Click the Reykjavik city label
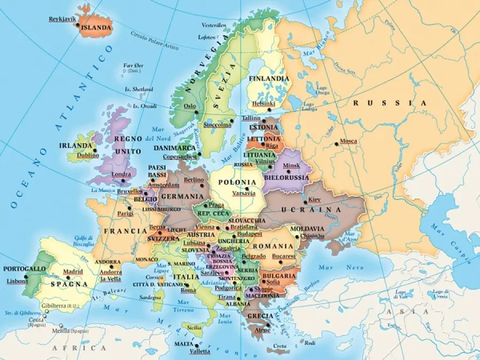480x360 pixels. [x=62, y=19]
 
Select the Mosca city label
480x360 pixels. [x=348, y=141]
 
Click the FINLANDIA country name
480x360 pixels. [x=268, y=78]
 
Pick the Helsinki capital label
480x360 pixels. [x=263, y=103]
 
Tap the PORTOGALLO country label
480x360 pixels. [x=25, y=269]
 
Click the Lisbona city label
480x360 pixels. [x=17, y=281]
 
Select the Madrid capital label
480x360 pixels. [x=73, y=271]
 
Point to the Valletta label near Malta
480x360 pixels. [x=200, y=351]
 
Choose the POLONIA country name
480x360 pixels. [x=237, y=182]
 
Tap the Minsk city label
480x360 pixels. [x=291, y=165]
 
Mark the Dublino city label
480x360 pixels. [x=87, y=155]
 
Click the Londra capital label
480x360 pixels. [x=122, y=174]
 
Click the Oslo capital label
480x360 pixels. [x=190, y=106]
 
